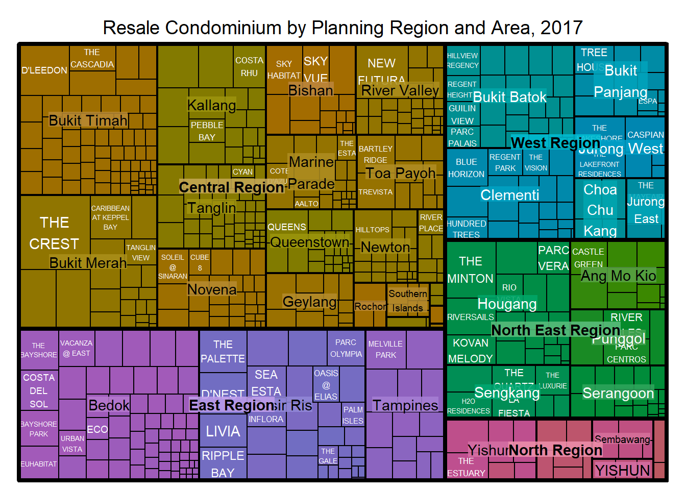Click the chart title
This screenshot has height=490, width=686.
pyautogui.click(x=342, y=28)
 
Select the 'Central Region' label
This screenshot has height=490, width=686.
pyautogui.click(x=231, y=187)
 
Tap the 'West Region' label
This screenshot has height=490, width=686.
pyautogui.click(x=555, y=142)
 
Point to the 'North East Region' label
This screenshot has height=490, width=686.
pyautogui.click(x=555, y=330)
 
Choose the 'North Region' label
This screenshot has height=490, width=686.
pyautogui.click(x=555, y=450)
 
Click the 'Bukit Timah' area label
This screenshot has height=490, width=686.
pyautogui.click(x=88, y=120)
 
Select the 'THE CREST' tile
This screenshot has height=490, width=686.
pyautogui.click(x=54, y=233)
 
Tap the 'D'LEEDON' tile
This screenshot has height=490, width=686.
pyautogui.click(x=44, y=70)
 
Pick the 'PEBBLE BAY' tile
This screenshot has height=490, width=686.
pyautogui.click(x=207, y=131)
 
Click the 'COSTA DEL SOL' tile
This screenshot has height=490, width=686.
pyautogui.click(x=39, y=391)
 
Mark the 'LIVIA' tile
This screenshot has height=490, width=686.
pyautogui.click(x=223, y=431)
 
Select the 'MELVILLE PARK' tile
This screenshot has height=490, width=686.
pyautogui.click(x=385, y=350)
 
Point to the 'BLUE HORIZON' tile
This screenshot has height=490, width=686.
pyautogui.click(x=466, y=168)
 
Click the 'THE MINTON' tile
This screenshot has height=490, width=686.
pyautogui.click(x=470, y=270)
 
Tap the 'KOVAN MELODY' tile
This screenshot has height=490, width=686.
pyautogui.click(x=470, y=351)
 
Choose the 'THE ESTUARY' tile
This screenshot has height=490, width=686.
pyautogui.click(x=466, y=467)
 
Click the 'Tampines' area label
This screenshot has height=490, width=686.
pyautogui.click(x=405, y=405)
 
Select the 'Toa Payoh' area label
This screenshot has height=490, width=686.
pyautogui.click(x=401, y=174)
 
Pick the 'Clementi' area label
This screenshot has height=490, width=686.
pyautogui.click(x=509, y=195)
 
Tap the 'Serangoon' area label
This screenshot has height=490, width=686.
pyautogui.click(x=618, y=393)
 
